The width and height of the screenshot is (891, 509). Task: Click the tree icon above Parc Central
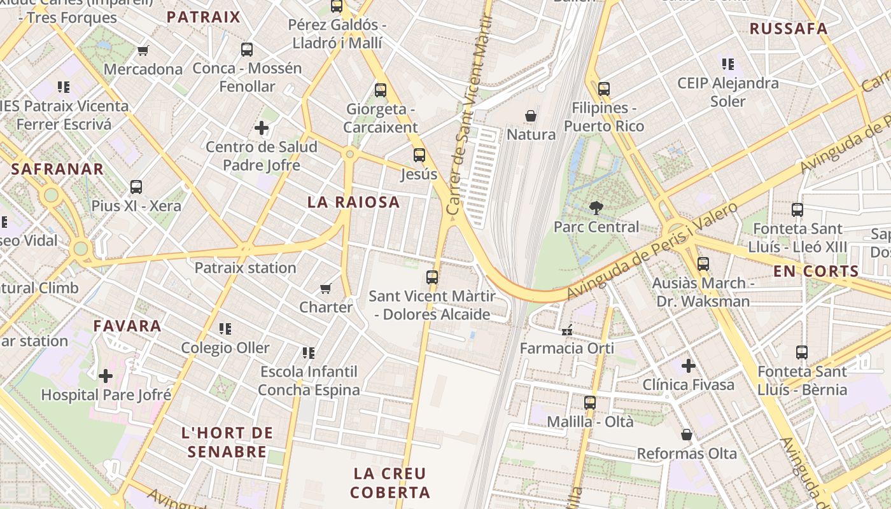(596, 207)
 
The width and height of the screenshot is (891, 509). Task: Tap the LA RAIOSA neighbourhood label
(354, 202)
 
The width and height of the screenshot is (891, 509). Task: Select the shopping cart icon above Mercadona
(143, 50)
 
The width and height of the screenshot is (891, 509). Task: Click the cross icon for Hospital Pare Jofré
(106, 375)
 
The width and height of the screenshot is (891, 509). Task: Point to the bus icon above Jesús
(419, 155)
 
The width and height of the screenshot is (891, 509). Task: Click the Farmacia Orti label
(567, 348)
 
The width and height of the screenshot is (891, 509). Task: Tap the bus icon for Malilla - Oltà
(590, 402)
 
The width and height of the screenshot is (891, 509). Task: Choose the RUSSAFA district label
(789, 29)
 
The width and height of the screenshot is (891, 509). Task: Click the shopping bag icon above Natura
(531, 116)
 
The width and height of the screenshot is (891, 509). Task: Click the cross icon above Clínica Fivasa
(688, 366)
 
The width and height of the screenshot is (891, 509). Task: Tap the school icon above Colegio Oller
(225, 329)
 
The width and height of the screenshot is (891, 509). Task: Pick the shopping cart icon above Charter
(326, 288)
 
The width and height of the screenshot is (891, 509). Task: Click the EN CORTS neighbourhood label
(816, 271)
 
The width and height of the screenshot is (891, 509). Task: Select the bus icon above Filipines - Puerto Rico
(603, 88)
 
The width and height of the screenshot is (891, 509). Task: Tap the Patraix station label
(245, 268)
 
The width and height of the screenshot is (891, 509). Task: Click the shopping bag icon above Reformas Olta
(687, 435)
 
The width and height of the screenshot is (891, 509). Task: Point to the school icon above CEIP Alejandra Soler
(728, 64)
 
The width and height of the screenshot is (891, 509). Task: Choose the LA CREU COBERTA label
(390, 483)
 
